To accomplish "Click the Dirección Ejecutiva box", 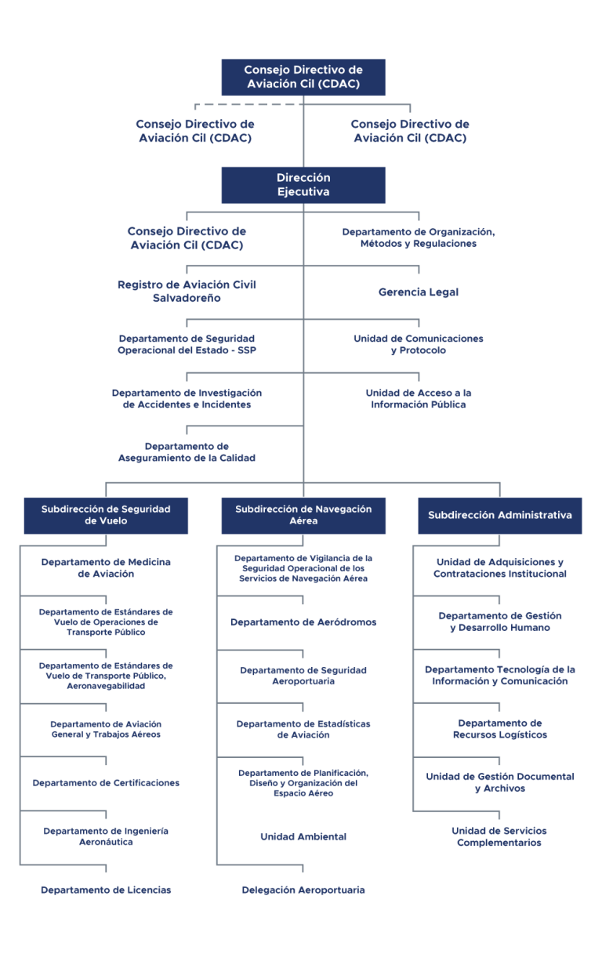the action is [x=303, y=185].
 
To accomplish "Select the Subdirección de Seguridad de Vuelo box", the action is [x=106, y=516].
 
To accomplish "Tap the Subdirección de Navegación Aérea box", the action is [x=303, y=516].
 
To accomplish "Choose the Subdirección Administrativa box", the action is [x=500, y=516].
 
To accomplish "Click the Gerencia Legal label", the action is [x=419, y=292].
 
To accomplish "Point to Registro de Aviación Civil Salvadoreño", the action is [x=187, y=292].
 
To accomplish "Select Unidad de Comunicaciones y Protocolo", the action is [x=419, y=344].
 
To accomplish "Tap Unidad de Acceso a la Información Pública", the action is [x=419, y=398].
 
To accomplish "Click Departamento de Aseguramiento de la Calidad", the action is [x=187, y=452].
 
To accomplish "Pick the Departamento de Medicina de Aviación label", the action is [x=106, y=567].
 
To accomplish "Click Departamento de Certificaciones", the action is [x=106, y=782].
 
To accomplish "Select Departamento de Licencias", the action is [x=106, y=890].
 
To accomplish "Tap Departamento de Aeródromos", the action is [x=303, y=622].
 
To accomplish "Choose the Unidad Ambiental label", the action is [x=303, y=836].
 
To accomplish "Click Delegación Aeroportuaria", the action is [x=303, y=890].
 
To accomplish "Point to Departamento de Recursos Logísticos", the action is [x=500, y=729].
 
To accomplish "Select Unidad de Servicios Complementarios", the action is [x=499, y=836].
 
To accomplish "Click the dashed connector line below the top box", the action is [x=249, y=104].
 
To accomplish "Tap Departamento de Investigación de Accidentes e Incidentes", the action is [x=187, y=398].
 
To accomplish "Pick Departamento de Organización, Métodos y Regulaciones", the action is [x=419, y=237].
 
